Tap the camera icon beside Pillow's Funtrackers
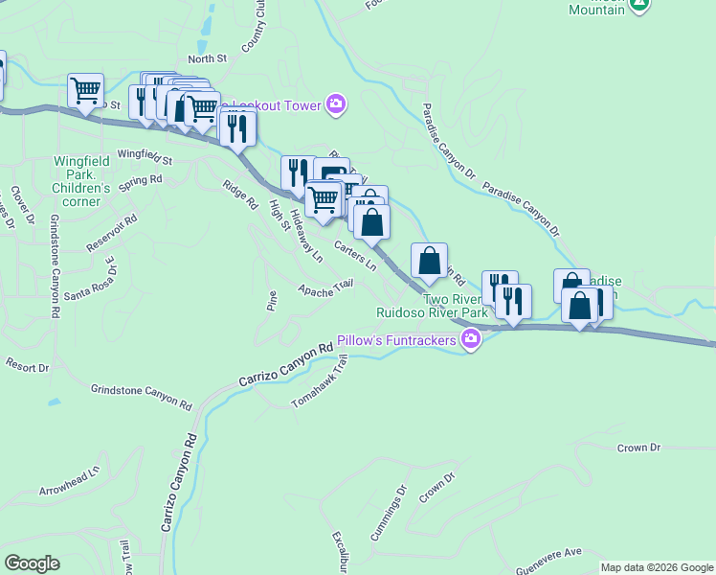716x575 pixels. [x=471, y=340]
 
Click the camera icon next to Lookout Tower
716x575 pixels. [x=335, y=104]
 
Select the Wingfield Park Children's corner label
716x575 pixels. [x=81, y=174]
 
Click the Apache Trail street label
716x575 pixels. [x=325, y=287]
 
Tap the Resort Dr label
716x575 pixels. [x=27, y=366]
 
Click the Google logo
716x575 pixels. [x=32, y=563]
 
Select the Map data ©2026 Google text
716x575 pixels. [x=657, y=567]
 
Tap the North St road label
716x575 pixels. [x=207, y=58]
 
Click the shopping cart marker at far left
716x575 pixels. [x=85, y=91]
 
